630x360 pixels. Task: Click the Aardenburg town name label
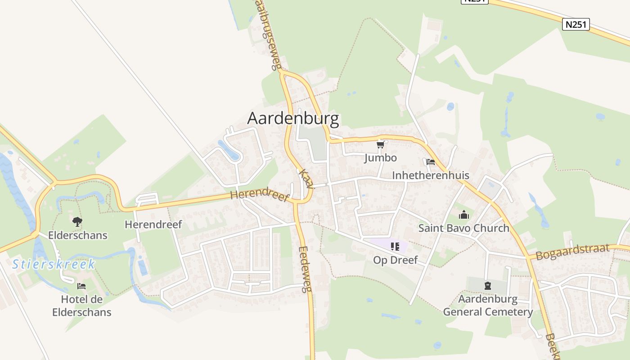[x=293, y=118]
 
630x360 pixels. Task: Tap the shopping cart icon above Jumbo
[x=381, y=145]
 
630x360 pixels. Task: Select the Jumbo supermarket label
[x=381, y=157]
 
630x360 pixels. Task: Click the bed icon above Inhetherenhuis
[x=431, y=162]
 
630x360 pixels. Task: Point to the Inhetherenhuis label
[x=431, y=175]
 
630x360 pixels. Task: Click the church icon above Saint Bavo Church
[x=463, y=215]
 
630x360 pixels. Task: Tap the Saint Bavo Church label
[x=463, y=228]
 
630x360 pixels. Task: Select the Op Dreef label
[x=395, y=260]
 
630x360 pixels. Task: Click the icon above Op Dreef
[x=395, y=247]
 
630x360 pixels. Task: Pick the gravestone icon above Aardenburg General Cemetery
[x=487, y=285]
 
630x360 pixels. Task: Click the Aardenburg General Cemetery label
[x=488, y=305]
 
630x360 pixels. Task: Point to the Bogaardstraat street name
[x=572, y=252]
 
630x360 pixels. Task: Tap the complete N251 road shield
[x=576, y=24]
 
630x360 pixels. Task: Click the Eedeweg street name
[x=305, y=269]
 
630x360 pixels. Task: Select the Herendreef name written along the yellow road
[x=260, y=196]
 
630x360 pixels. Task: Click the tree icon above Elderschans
[x=77, y=221]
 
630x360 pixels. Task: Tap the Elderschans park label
[x=78, y=235]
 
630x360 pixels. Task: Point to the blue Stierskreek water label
[x=54, y=264]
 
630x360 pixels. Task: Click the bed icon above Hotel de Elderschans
[x=81, y=286]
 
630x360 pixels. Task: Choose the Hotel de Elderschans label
[x=81, y=306]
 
